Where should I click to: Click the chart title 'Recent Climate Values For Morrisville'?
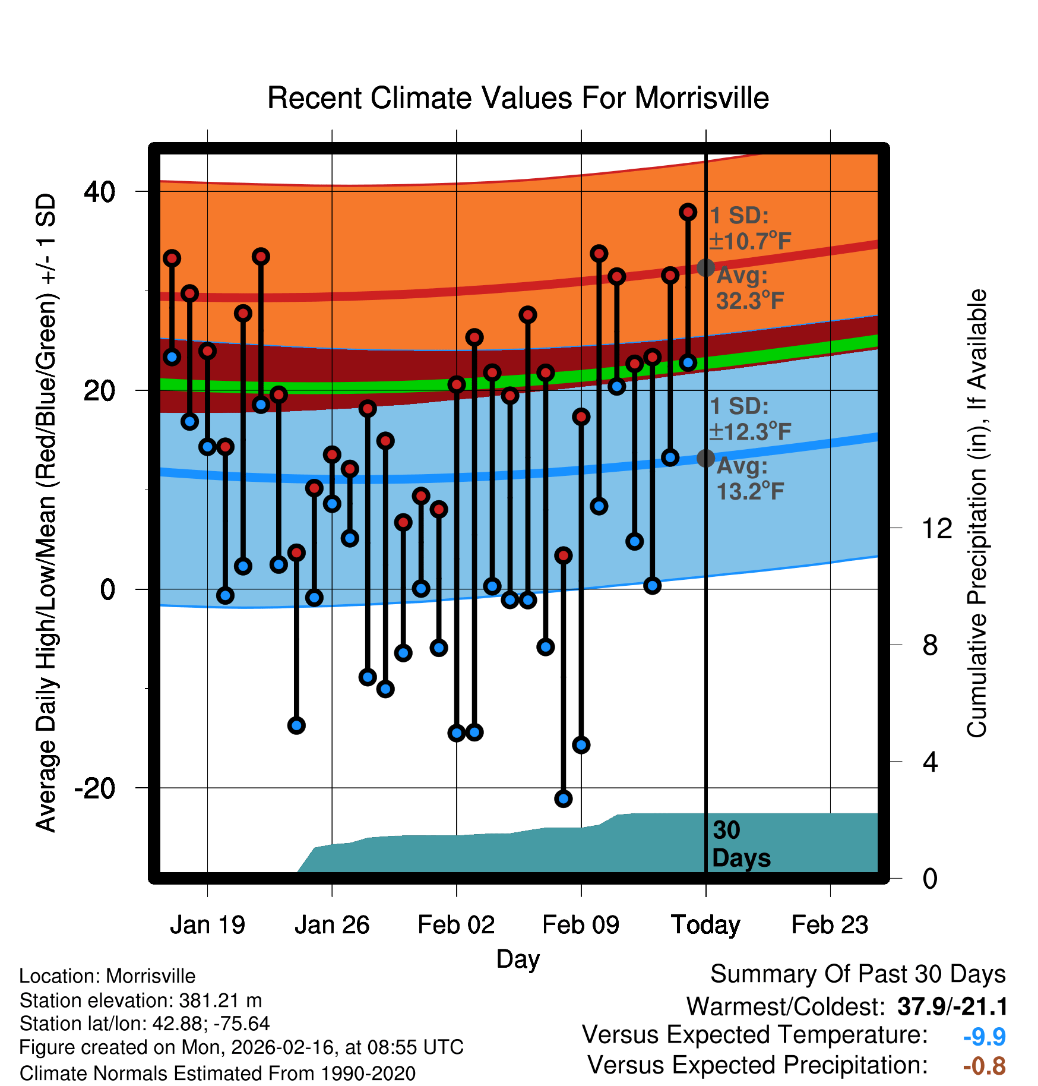tap(518, 98)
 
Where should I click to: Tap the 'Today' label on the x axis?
tap(705, 924)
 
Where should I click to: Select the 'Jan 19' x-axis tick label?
tap(207, 924)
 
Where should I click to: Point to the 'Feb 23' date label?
tap(830, 924)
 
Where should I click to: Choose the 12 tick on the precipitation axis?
tap(936, 528)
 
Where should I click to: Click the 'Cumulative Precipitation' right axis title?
tap(977, 513)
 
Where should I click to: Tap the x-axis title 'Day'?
tap(518, 959)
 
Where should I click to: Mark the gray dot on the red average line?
tap(705, 268)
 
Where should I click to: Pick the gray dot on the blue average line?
tap(705, 458)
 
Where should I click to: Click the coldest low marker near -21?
tap(564, 798)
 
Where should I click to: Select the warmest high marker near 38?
tap(688, 212)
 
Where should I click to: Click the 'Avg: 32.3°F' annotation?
tap(749, 289)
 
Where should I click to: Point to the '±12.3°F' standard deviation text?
tap(751, 432)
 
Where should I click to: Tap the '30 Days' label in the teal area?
tap(740, 844)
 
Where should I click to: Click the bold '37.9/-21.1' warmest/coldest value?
tap(952, 1006)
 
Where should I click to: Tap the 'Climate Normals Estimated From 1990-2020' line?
tap(217, 1074)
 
